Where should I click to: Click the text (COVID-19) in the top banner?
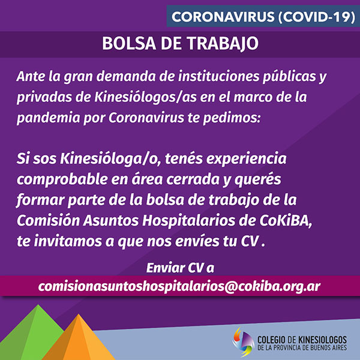[x=317, y=17]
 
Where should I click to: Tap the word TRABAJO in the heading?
[x=223, y=43]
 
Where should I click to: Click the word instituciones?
[x=218, y=76]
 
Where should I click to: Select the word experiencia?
[x=246, y=159]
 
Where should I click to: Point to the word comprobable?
[x=62, y=179]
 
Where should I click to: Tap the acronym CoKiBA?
[x=286, y=221]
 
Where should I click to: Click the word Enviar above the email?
[x=166, y=268]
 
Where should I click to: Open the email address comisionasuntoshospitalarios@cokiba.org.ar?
[x=179, y=286]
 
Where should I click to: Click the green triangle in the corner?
[x=32, y=332]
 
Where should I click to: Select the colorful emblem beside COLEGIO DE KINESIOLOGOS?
[x=243, y=342]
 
